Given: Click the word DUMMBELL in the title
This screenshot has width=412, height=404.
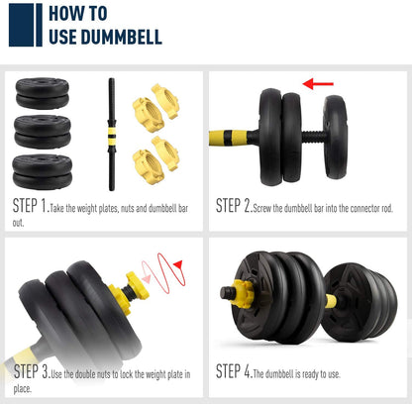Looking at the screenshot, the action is click(x=122, y=37).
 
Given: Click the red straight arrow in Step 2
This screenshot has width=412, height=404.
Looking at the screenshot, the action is click(x=318, y=84).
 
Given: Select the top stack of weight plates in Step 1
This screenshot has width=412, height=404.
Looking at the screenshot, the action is click(x=43, y=93).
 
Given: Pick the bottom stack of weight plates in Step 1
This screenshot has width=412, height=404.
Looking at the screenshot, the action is click(x=43, y=171).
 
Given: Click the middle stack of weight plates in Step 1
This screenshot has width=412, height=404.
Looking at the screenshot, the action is click(x=43, y=132).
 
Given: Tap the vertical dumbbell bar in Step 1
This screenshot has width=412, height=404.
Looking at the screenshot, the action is click(x=112, y=135).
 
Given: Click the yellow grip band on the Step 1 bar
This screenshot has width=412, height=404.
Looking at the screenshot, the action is click(x=112, y=132).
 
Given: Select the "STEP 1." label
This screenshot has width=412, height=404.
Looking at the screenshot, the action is click(x=31, y=206).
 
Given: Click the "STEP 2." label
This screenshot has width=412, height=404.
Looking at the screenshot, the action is click(x=234, y=206).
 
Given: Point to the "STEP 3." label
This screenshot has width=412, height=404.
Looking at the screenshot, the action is click(x=32, y=371).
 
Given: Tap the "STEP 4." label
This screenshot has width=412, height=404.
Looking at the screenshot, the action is click(x=234, y=371).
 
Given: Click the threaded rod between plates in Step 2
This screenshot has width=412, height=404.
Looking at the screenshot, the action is click(x=313, y=137).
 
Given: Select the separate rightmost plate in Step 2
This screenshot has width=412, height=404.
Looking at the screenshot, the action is click(x=336, y=137).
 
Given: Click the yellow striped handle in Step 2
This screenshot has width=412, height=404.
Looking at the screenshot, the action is click(x=229, y=138).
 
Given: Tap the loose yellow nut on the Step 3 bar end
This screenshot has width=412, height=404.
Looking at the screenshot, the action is click(x=138, y=285).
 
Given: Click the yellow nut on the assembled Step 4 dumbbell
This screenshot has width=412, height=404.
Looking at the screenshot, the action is click(x=243, y=294).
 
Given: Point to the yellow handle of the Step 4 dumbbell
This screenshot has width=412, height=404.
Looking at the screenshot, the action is click(x=331, y=301).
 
